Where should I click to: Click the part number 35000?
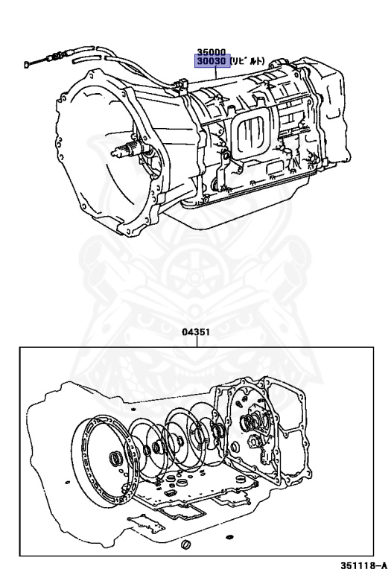coord(212,52)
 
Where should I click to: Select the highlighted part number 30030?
coord(212,61)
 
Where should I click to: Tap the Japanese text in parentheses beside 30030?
coord(247,61)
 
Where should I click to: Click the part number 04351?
coord(196,332)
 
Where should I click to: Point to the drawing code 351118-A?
coord(363,566)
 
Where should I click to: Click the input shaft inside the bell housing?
coord(127,150)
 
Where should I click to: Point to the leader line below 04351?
coord(197,342)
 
